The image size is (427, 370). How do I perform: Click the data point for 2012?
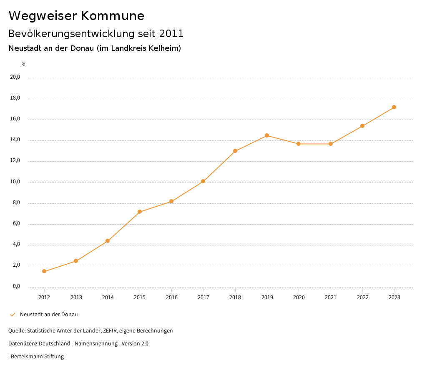(44, 271)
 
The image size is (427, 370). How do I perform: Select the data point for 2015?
(140, 212)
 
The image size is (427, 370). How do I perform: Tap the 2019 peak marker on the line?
(267, 135)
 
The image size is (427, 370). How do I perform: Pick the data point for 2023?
(394, 107)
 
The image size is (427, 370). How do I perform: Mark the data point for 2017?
(203, 181)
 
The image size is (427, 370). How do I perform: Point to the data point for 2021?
(331, 144)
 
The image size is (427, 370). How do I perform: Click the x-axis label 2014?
(108, 297)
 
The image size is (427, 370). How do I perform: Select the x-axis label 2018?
(235, 297)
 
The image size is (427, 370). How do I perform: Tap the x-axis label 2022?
(362, 297)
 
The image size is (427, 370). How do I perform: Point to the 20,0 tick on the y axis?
(15, 77)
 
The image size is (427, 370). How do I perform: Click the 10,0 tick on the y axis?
(15, 182)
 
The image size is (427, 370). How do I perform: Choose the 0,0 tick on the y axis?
(16, 286)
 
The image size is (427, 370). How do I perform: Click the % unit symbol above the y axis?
(24, 64)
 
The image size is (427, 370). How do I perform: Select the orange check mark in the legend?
(13, 314)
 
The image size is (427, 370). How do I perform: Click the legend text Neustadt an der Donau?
(49, 314)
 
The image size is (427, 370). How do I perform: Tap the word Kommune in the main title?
(113, 16)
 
